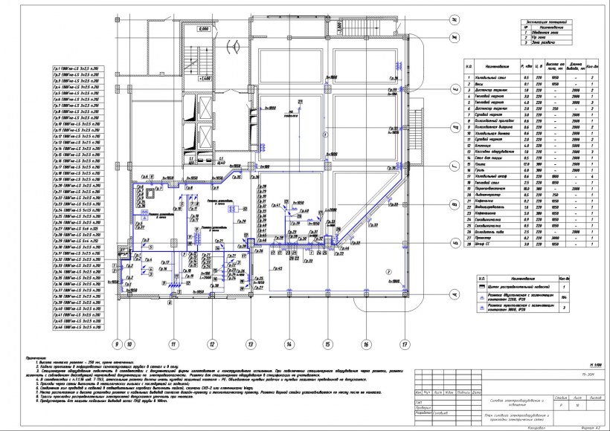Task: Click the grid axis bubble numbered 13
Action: (x=251, y=344)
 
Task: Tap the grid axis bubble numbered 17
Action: (x=405, y=344)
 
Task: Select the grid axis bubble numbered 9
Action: (x=116, y=344)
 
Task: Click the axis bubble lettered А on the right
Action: (x=450, y=295)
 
